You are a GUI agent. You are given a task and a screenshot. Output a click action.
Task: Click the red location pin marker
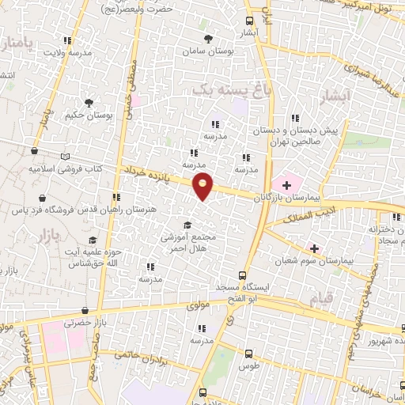click(203, 185)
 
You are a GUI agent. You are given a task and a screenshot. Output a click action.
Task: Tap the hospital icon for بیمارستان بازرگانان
click(286, 184)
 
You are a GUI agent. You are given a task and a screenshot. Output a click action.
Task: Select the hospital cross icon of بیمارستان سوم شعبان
click(315, 248)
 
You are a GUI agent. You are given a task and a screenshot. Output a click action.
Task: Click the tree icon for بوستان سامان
click(208, 39)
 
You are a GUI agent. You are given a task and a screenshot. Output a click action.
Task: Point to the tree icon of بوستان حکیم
click(89, 103)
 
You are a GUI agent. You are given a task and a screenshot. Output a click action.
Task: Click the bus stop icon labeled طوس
click(249, 354)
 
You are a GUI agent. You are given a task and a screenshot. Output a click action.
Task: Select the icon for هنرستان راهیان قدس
click(116, 198)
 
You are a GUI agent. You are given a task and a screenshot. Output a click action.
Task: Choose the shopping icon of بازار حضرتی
click(85, 311)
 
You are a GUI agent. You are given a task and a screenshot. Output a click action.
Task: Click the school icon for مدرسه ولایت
click(67, 40)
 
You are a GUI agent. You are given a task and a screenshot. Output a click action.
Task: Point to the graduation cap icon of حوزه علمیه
click(92, 240)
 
